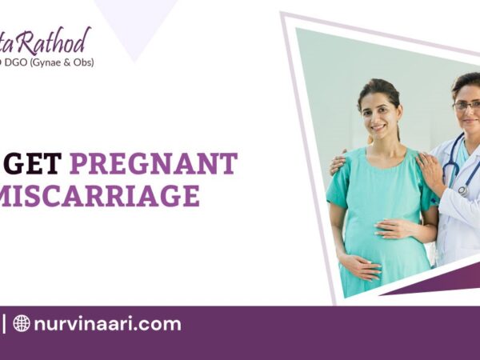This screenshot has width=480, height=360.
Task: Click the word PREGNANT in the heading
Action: pyautogui.click(x=153, y=164)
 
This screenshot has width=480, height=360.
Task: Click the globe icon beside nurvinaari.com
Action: pyautogui.click(x=22, y=324)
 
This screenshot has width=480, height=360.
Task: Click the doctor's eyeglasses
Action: pyautogui.click(x=466, y=105)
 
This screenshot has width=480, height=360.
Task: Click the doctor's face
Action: pyautogui.click(x=466, y=108)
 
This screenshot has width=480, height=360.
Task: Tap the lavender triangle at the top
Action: pyautogui.click(x=135, y=20)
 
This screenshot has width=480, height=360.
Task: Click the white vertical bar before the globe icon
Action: pyautogui.click(x=3, y=324)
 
